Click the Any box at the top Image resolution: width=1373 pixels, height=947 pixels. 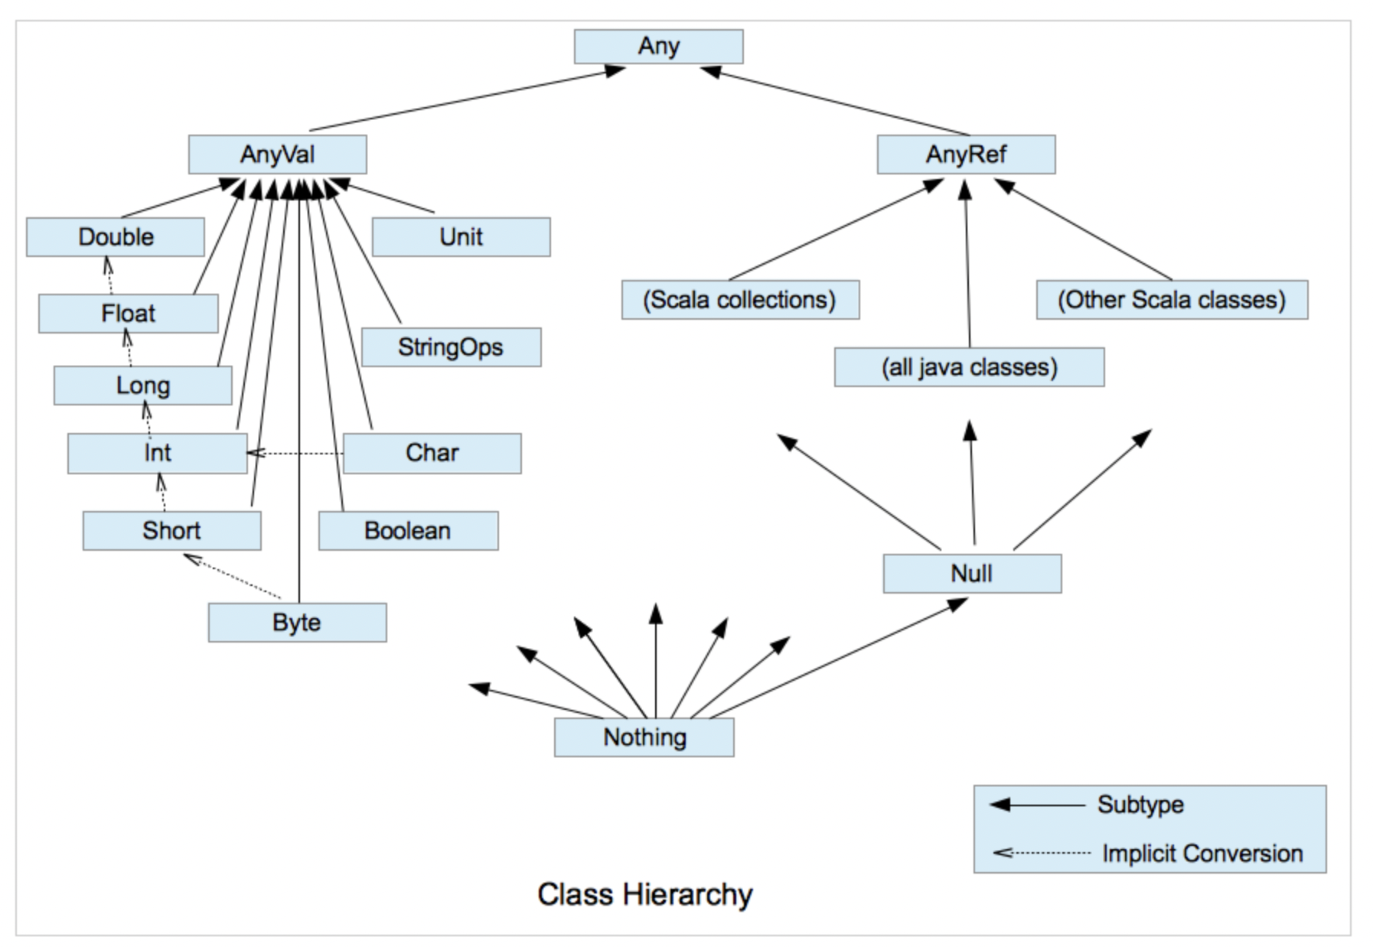coord(658,47)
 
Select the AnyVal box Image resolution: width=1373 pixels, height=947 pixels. coord(277,155)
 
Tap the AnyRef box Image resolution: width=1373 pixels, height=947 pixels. coord(966,155)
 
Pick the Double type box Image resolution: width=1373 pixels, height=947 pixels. coord(116,237)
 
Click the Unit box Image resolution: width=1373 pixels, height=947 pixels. coord(461,237)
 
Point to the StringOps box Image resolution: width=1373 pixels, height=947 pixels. coord(451,347)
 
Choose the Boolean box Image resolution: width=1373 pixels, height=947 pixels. coord(408,531)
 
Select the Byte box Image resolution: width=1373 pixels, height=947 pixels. coord(297,623)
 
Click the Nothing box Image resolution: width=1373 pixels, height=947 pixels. coord(644,737)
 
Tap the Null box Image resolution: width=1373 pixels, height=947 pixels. coord(972,574)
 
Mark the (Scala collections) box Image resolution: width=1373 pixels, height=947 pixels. coord(740,300)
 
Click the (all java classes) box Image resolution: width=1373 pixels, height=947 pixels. coord(969,367)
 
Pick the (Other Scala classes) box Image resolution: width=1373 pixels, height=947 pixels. coord(1172,300)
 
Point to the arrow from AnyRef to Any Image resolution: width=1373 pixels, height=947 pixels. coord(834,100)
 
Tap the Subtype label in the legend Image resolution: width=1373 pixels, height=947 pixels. coord(1140,805)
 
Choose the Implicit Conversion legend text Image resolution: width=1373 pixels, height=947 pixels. coord(1202,854)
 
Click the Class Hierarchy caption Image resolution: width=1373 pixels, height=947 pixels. coord(644,894)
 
